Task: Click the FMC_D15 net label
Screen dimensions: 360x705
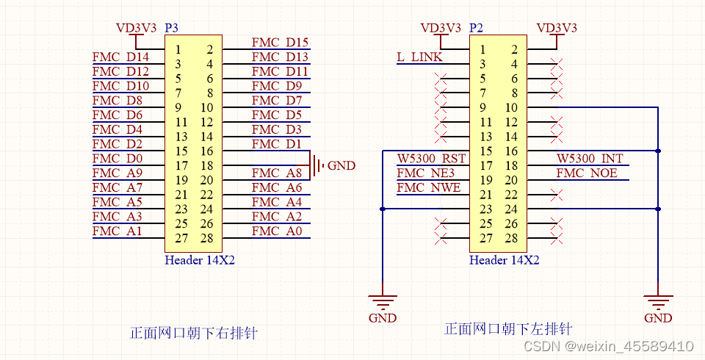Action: click(280, 43)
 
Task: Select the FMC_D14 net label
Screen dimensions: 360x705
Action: click(120, 57)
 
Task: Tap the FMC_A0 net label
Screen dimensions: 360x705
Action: click(276, 231)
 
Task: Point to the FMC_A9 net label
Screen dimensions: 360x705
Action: click(117, 173)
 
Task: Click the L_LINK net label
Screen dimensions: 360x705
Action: click(420, 57)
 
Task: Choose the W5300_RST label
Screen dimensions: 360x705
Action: click(431, 159)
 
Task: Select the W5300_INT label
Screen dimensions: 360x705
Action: click(590, 159)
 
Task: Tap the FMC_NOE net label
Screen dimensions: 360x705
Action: click(587, 173)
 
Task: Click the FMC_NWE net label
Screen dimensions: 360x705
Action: click(429, 188)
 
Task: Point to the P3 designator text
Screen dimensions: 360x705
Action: click(171, 28)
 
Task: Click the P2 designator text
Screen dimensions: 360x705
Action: click(476, 28)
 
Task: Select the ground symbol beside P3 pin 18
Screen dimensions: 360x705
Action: click(317, 165)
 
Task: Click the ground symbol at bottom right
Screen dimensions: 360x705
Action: click(657, 301)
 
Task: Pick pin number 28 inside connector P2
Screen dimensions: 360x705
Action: click(512, 238)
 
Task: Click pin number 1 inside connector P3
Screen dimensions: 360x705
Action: click(178, 50)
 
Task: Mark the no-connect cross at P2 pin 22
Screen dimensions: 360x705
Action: click(557, 195)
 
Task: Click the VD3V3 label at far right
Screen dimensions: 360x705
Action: click(557, 28)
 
